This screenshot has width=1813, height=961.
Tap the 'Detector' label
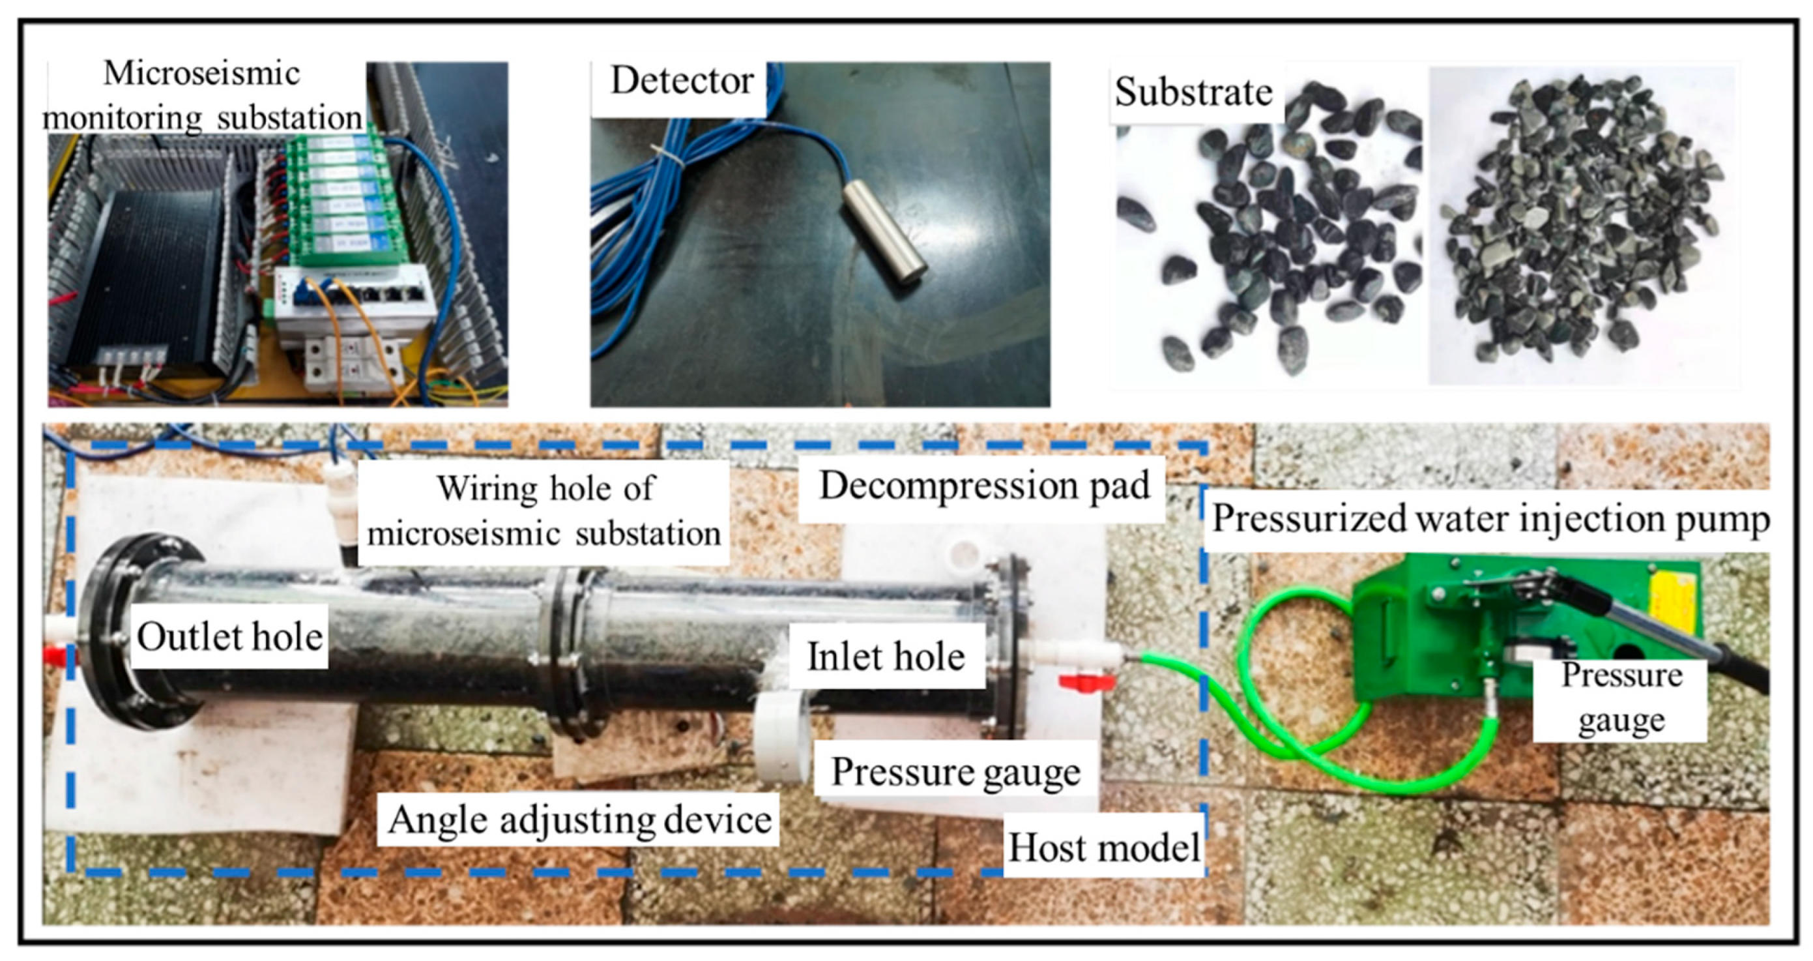click(x=680, y=81)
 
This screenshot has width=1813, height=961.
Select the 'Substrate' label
click(x=1194, y=92)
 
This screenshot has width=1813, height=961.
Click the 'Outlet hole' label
click(x=229, y=637)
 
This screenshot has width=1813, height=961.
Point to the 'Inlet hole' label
click(x=886, y=657)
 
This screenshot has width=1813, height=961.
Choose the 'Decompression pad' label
click(x=984, y=486)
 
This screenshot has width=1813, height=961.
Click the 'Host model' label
click(x=1103, y=848)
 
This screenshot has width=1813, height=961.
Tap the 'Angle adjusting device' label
click(x=579, y=820)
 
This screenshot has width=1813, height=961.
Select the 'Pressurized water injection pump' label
click(x=1490, y=520)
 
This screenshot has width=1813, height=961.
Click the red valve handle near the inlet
click(x=1086, y=681)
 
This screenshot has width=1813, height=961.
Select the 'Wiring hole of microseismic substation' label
click(x=544, y=511)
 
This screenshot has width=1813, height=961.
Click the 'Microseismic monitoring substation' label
click(x=202, y=96)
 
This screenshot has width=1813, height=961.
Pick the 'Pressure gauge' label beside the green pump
click(x=1621, y=698)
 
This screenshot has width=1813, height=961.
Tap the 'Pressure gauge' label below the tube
click(x=955, y=773)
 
